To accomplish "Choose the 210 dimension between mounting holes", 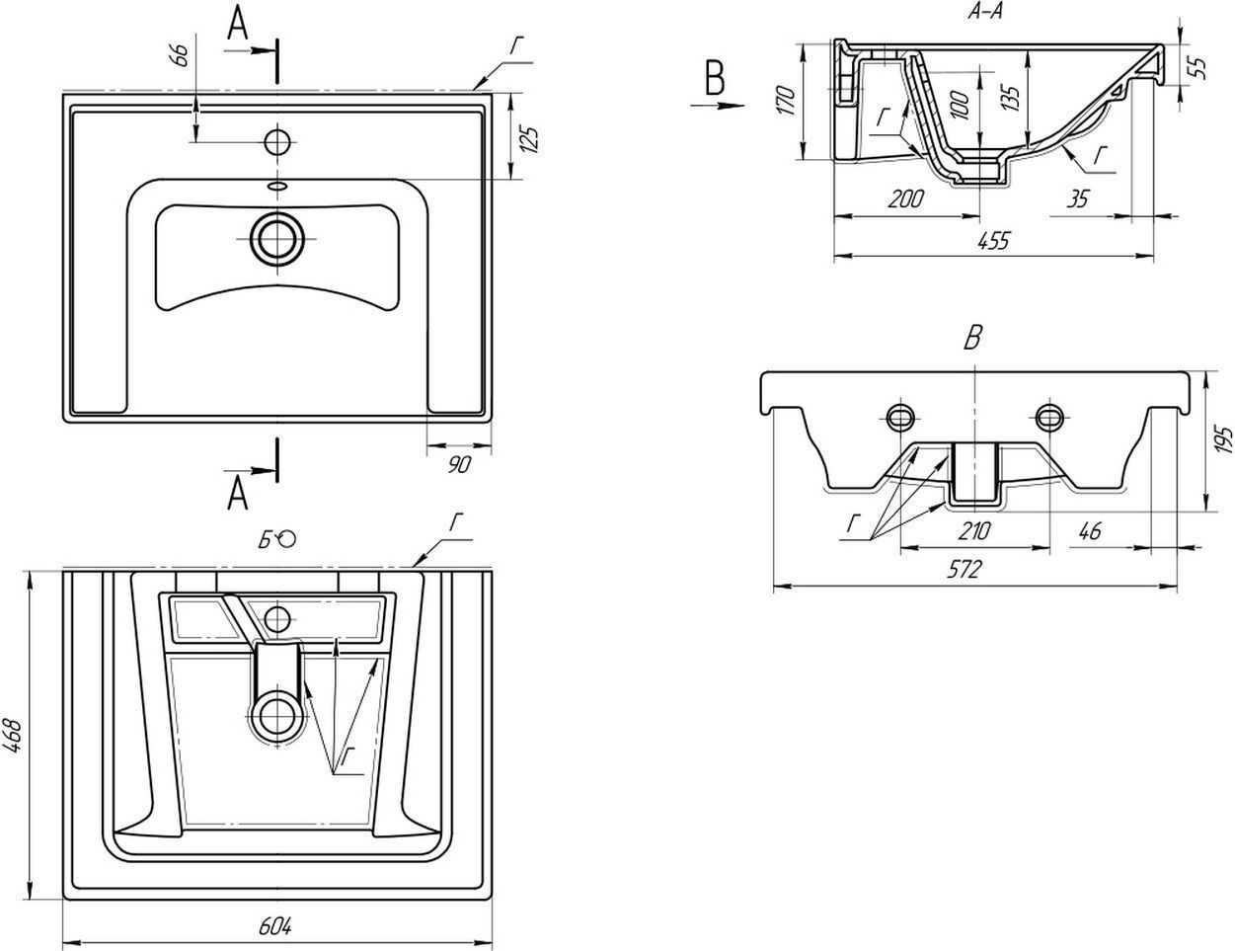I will click(x=973, y=530).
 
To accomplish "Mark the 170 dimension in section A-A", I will click(x=786, y=102).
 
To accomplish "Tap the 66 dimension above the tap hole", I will click(x=180, y=54).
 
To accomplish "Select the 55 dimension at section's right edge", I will click(x=1197, y=66).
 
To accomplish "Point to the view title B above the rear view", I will click(x=973, y=339).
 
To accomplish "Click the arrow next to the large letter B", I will click(x=726, y=102).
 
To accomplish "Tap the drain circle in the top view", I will click(x=277, y=238).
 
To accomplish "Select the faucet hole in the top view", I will click(x=278, y=142).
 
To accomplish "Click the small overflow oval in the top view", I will click(x=277, y=185).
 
